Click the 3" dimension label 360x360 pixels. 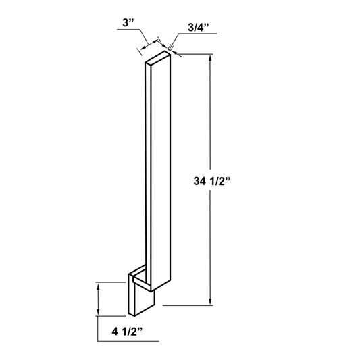click(x=128, y=23)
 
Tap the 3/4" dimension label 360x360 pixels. click(x=199, y=28)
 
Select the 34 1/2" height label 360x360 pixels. click(x=211, y=181)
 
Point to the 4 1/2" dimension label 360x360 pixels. click(x=127, y=332)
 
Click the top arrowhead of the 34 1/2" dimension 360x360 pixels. click(x=210, y=58)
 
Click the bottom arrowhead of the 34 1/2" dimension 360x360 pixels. click(x=210, y=301)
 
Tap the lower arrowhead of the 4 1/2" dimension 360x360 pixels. click(x=98, y=312)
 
